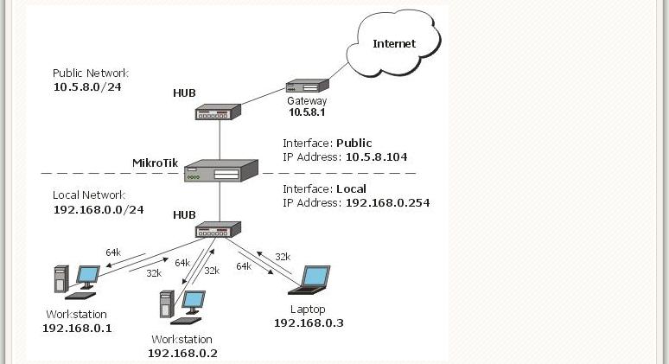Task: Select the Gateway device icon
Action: tap(308, 86)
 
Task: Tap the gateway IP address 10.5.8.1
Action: tap(308, 112)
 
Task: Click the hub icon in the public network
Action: tap(218, 112)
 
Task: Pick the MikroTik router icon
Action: tap(221, 170)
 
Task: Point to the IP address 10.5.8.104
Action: tap(376, 157)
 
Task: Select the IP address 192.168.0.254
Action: tap(387, 203)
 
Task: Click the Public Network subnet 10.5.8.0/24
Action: tap(86, 87)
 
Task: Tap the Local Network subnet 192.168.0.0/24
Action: tap(98, 209)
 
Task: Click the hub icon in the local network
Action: tap(218, 230)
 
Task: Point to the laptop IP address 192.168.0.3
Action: tap(309, 322)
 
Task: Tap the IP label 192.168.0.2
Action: tap(182, 353)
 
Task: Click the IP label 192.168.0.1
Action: tap(77, 328)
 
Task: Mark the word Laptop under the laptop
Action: tap(308, 310)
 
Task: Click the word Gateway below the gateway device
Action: tap(308, 101)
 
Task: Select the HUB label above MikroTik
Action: tap(184, 93)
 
